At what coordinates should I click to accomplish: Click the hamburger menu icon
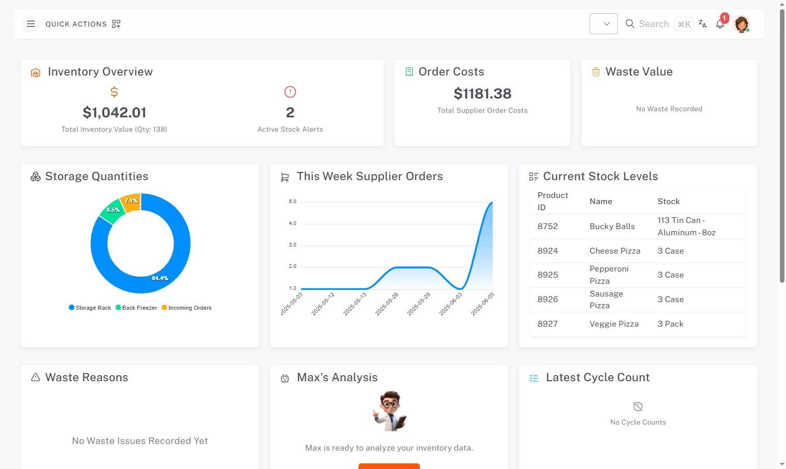pyautogui.click(x=31, y=24)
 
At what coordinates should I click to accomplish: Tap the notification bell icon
pyautogui.click(x=720, y=24)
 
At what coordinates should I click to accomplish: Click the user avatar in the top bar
pyautogui.click(x=741, y=24)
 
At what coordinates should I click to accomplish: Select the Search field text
pyautogui.click(x=653, y=24)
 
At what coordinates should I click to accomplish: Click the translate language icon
pyautogui.click(x=702, y=24)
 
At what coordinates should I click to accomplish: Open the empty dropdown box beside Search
pyautogui.click(x=603, y=24)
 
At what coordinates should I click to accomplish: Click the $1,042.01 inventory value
pyautogui.click(x=114, y=112)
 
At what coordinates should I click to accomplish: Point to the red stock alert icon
pyautogui.click(x=290, y=92)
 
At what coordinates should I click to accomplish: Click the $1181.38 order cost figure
pyautogui.click(x=482, y=93)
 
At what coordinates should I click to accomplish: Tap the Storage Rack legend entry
pyautogui.click(x=90, y=308)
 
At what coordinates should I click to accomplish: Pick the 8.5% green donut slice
pyautogui.click(x=113, y=210)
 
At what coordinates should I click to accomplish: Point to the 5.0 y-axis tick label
pyautogui.click(x=292, y=202)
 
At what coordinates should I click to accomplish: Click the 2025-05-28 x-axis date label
pyautogui.click(x=387, y=304)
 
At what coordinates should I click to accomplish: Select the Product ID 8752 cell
pyautogui.click(x=547, y=226)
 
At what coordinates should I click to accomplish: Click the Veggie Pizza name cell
pyautogui.click(x=614, y=324)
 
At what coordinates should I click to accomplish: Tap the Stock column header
pyautogui.click(x=668, y=202)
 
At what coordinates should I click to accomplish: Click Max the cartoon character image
pyautogui.click(x=389, y=411)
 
